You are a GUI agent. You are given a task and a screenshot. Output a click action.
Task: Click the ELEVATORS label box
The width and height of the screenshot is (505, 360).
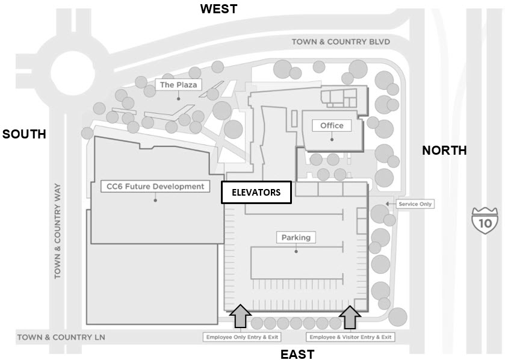coord(256,192)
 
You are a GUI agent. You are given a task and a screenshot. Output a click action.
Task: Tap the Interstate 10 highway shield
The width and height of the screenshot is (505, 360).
coord(485,220)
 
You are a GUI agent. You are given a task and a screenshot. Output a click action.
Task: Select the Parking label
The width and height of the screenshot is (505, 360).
coord(296,237)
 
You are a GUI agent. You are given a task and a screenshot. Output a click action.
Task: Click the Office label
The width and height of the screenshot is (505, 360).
coord(332,125)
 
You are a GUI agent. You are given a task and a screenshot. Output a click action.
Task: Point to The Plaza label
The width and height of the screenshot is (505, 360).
coord(178,85)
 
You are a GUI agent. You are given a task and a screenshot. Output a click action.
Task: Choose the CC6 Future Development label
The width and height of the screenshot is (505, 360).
coord(155,187)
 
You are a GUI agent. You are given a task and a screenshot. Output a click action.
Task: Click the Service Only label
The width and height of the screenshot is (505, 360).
coord(415,204)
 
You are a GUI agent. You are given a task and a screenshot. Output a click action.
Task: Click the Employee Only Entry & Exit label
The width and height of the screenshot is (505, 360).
coord(242,337)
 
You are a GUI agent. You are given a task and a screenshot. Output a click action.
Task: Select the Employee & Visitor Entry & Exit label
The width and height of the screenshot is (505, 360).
coord(350,337)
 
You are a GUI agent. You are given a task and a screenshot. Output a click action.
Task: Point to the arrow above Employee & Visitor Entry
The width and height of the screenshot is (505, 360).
coord(350,317)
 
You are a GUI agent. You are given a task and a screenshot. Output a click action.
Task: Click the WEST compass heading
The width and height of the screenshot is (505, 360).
coord(218,8)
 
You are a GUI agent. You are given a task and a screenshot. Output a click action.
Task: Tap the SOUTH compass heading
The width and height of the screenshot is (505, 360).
coord(24,134)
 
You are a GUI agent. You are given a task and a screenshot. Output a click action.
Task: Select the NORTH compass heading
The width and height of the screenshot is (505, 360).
coord(444,151)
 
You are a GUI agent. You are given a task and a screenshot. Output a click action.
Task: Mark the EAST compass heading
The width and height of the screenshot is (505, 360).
coord(297,354)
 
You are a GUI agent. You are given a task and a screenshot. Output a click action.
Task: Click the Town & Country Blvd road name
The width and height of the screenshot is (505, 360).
coord(341,42)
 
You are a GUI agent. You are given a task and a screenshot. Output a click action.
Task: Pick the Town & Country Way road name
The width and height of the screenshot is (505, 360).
coord(57,231)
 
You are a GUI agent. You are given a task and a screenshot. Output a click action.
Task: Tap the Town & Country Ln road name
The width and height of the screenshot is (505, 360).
coord(61,337)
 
